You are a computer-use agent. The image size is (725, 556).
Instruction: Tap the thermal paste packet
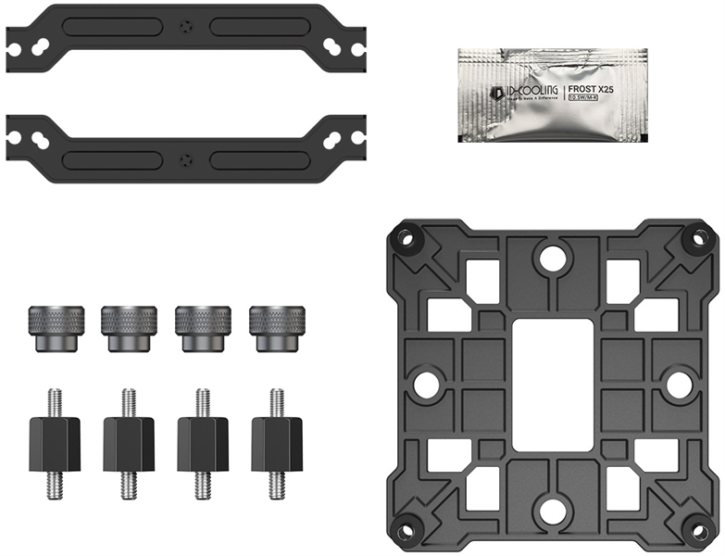point(547,93)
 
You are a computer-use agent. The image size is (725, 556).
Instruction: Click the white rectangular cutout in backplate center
point(552,385)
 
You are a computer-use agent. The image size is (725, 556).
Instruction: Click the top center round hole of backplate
point(553,259)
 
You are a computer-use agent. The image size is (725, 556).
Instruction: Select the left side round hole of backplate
point(426,385)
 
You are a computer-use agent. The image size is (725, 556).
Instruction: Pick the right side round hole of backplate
point(679,385)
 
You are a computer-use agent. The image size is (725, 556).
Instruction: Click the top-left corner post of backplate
point(406,238)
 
